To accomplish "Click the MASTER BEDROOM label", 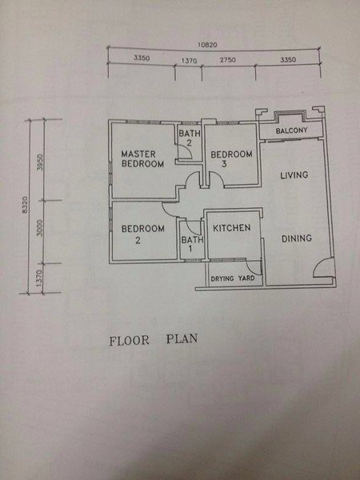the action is click(142, 158).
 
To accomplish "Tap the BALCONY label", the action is click(291, 130).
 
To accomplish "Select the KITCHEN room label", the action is click(232, 228).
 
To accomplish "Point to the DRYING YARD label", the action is click(233, 278).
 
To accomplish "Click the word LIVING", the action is click(294, 175).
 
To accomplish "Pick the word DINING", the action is click(297, 238).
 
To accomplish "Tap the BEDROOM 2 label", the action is click(142, 234).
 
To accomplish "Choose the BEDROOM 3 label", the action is click(231, 159).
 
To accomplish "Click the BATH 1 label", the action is click(192, 244).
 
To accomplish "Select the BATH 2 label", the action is click(190, 138).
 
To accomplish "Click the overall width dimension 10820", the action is click(207, 45).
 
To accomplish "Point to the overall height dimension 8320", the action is click(25, 205).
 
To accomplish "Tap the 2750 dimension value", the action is click(228, 60).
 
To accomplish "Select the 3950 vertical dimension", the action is click(40, 162).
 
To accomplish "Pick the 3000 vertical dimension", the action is click(40, 227).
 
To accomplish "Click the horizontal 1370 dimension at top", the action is click(189, 61).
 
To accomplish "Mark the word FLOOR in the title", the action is click(130, 341).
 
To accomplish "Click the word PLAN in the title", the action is click(182, 339).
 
